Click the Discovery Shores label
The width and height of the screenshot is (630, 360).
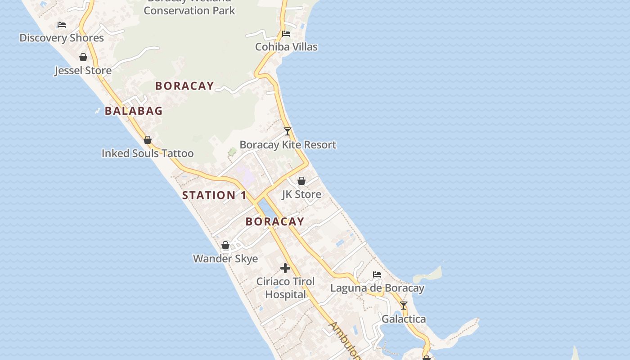[x=62, y=38]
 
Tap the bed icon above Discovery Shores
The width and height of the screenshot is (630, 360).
[x=62, y=25]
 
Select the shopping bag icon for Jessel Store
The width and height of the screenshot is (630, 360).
[x=83, y=57]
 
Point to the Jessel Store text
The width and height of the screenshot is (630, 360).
[x=83, y=71]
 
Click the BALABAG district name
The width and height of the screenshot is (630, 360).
[x=134, y=111]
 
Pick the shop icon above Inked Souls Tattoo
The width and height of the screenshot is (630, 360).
[x=148, y=140]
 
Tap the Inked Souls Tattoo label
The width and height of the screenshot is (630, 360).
[x=148, y=153]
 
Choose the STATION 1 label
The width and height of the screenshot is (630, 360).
[x=214, y=195]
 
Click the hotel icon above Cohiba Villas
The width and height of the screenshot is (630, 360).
[x=286, y=33]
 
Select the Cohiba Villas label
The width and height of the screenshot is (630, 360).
[x=286, y=47]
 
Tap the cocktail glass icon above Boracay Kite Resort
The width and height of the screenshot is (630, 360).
[x=288, y=131]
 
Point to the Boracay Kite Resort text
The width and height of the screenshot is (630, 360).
[x=288, y=145]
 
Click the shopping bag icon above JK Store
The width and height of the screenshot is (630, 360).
[x=301, y=181]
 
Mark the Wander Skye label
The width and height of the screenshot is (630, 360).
[x=225, y=259]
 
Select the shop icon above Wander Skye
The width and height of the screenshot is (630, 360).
[x=225, y=245]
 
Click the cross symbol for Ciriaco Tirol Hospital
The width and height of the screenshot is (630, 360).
[x=285, y=268]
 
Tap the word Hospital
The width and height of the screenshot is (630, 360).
[x=285, y=295]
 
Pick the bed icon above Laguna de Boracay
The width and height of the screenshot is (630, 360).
[x=377, y=274]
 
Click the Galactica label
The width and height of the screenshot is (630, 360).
[x=404, y=319]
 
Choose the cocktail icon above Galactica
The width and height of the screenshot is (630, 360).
[x=404, y=306]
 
